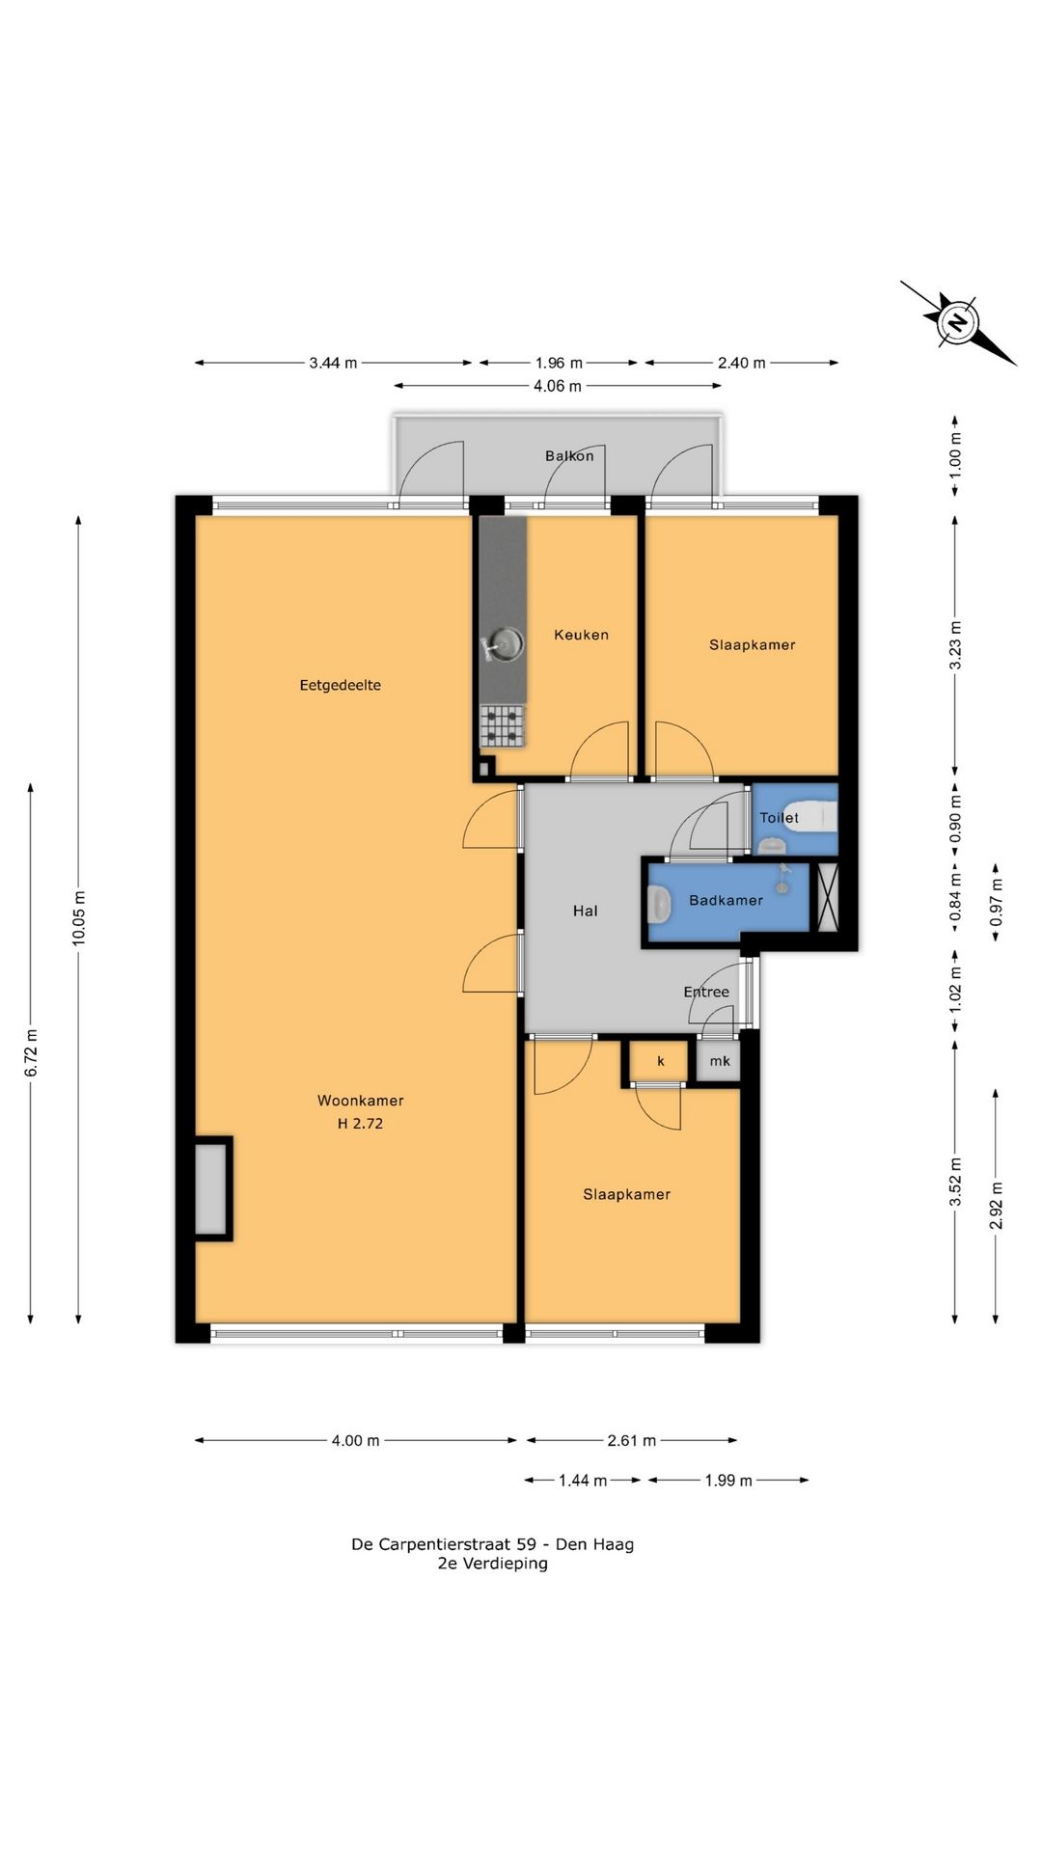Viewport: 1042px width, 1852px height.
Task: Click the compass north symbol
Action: [x=958, y=323]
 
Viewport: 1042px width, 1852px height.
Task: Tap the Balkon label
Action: [x=569, y=455]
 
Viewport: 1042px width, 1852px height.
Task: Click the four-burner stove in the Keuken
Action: [x=503, y=726]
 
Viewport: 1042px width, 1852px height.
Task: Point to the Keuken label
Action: [x=581, y=635]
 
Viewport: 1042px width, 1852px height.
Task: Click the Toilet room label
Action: [x=779, y=818]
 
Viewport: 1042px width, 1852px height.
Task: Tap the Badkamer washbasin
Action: [x=660, y=903]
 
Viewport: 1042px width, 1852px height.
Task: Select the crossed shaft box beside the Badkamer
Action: [x=828, y=897]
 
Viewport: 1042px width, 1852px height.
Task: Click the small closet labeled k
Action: [x=660, y=1061]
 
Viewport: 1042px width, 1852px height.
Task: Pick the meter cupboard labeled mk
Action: [x=719, y=1061]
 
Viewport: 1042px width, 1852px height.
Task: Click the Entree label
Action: [x=706, y=992]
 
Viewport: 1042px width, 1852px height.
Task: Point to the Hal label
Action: [x=585, y=911]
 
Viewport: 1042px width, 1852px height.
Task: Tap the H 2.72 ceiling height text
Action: [x=361, y=1124]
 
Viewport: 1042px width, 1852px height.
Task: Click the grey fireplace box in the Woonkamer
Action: [x=212, y=1188]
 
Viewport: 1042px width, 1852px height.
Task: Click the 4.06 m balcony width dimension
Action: [x=558, y=387]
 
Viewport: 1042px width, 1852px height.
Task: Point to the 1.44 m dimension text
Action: [x=583, y=1480]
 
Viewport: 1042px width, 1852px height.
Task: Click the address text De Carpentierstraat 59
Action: [x=444, y=1544]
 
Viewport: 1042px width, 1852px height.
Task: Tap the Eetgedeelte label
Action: [x=340, y=686]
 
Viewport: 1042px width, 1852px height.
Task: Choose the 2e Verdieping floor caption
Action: [x=492, y=1564]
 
